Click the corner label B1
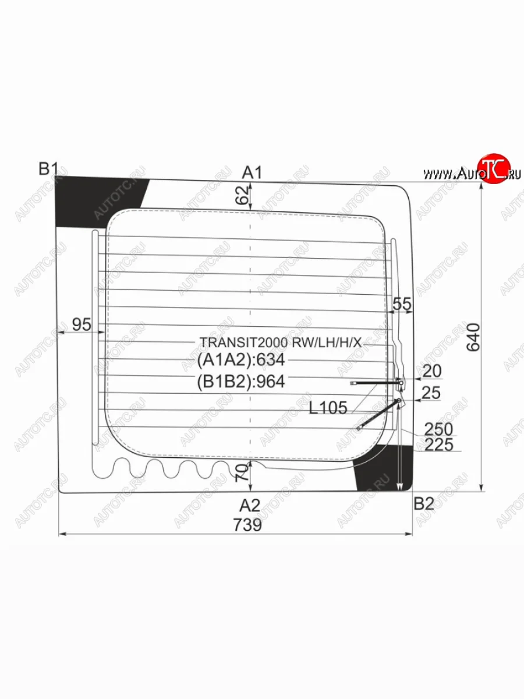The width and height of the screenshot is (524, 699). click(x=48, y=168)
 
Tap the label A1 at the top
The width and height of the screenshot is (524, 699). click(x=252, y=173)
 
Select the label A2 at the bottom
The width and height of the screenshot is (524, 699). click(x=250, y=506)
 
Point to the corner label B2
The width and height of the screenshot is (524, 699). click(x=424, y=503)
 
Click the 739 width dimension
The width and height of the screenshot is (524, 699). click(x=247, y=524)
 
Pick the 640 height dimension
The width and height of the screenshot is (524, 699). click(x=473, y=337)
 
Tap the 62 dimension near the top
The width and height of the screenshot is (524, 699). click(x=242, y=195)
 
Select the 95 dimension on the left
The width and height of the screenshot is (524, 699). click(x=82, y=324)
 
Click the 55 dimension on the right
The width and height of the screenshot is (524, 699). click(x=402, y=304)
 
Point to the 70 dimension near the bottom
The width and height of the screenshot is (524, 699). click(x=243, y=472)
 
